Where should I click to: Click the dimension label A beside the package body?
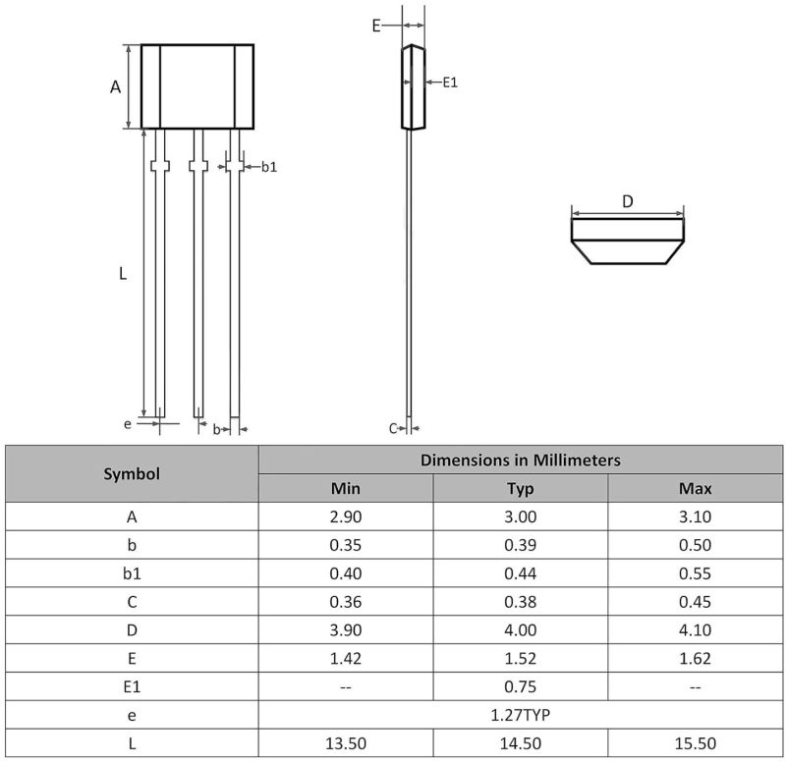pos(115,87)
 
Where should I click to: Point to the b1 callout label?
pos(269,167)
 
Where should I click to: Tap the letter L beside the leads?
pos(123,274)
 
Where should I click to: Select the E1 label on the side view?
pos(450,82)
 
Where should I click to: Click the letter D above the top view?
pos(628,201)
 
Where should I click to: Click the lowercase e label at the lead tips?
pos(128,424)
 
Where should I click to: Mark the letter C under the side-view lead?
pos(393,428)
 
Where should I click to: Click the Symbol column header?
pos(132,474)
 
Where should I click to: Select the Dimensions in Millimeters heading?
pos(521,460)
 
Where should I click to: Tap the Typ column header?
pos(521,488)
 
